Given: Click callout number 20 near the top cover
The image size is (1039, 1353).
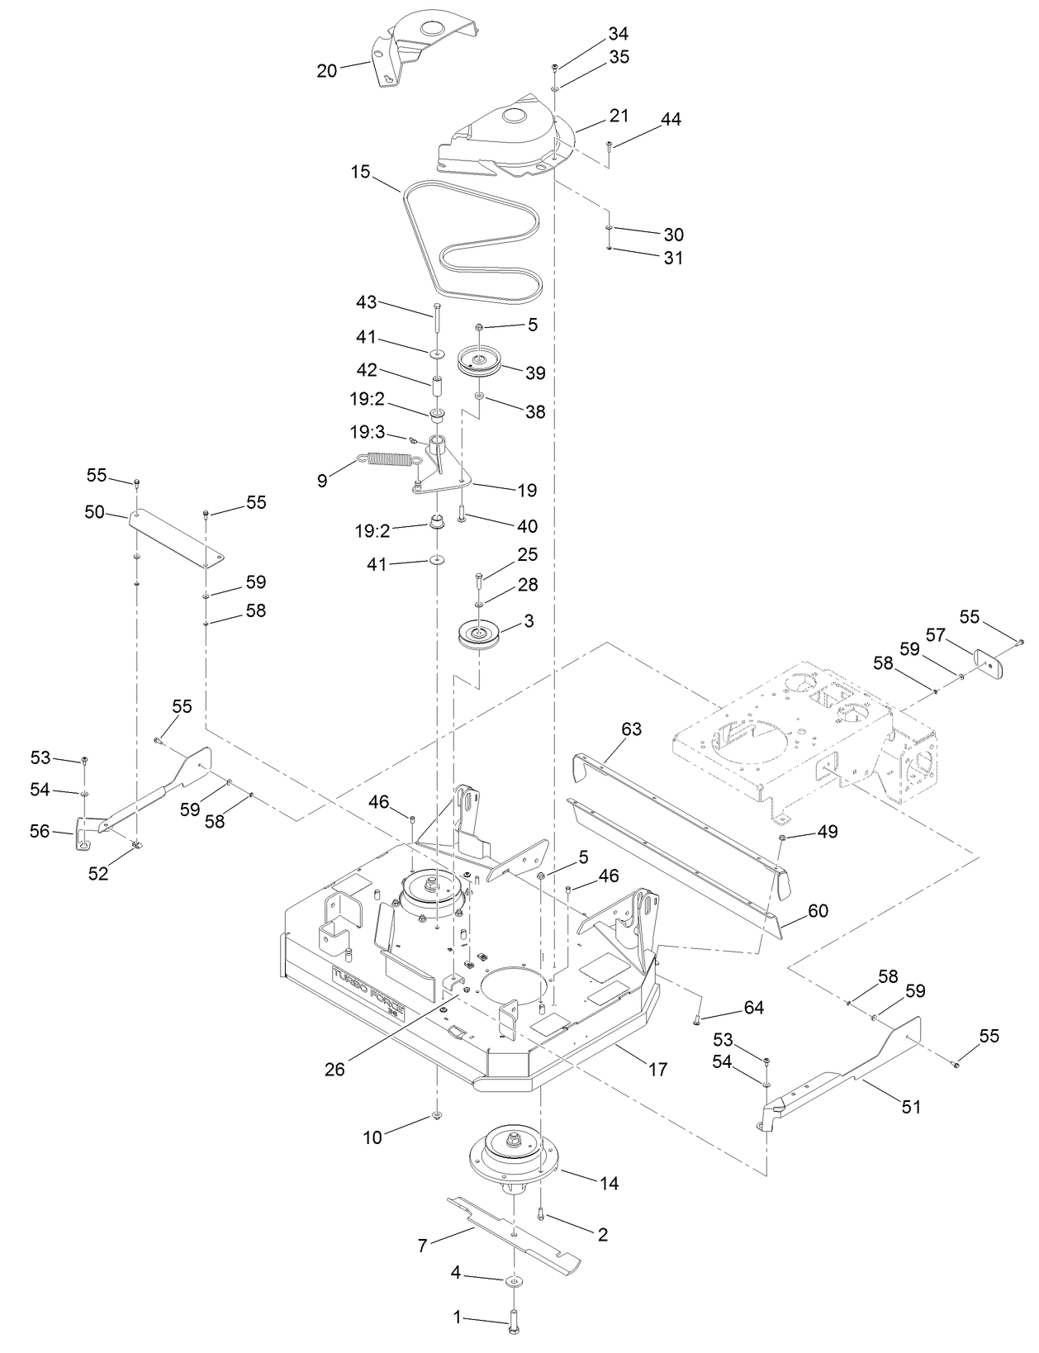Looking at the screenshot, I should coord(327,71).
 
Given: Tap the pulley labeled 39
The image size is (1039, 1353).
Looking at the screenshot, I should coord(479,361).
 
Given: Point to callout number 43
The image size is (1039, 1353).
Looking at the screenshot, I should coord(366,302).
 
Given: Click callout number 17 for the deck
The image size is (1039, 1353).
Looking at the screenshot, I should coord(657,1070).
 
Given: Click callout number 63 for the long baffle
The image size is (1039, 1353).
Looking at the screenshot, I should coord(631,729).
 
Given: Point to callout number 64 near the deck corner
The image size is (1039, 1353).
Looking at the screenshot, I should coord(753,1008).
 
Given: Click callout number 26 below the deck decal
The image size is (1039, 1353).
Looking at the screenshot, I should coord(334,1068).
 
